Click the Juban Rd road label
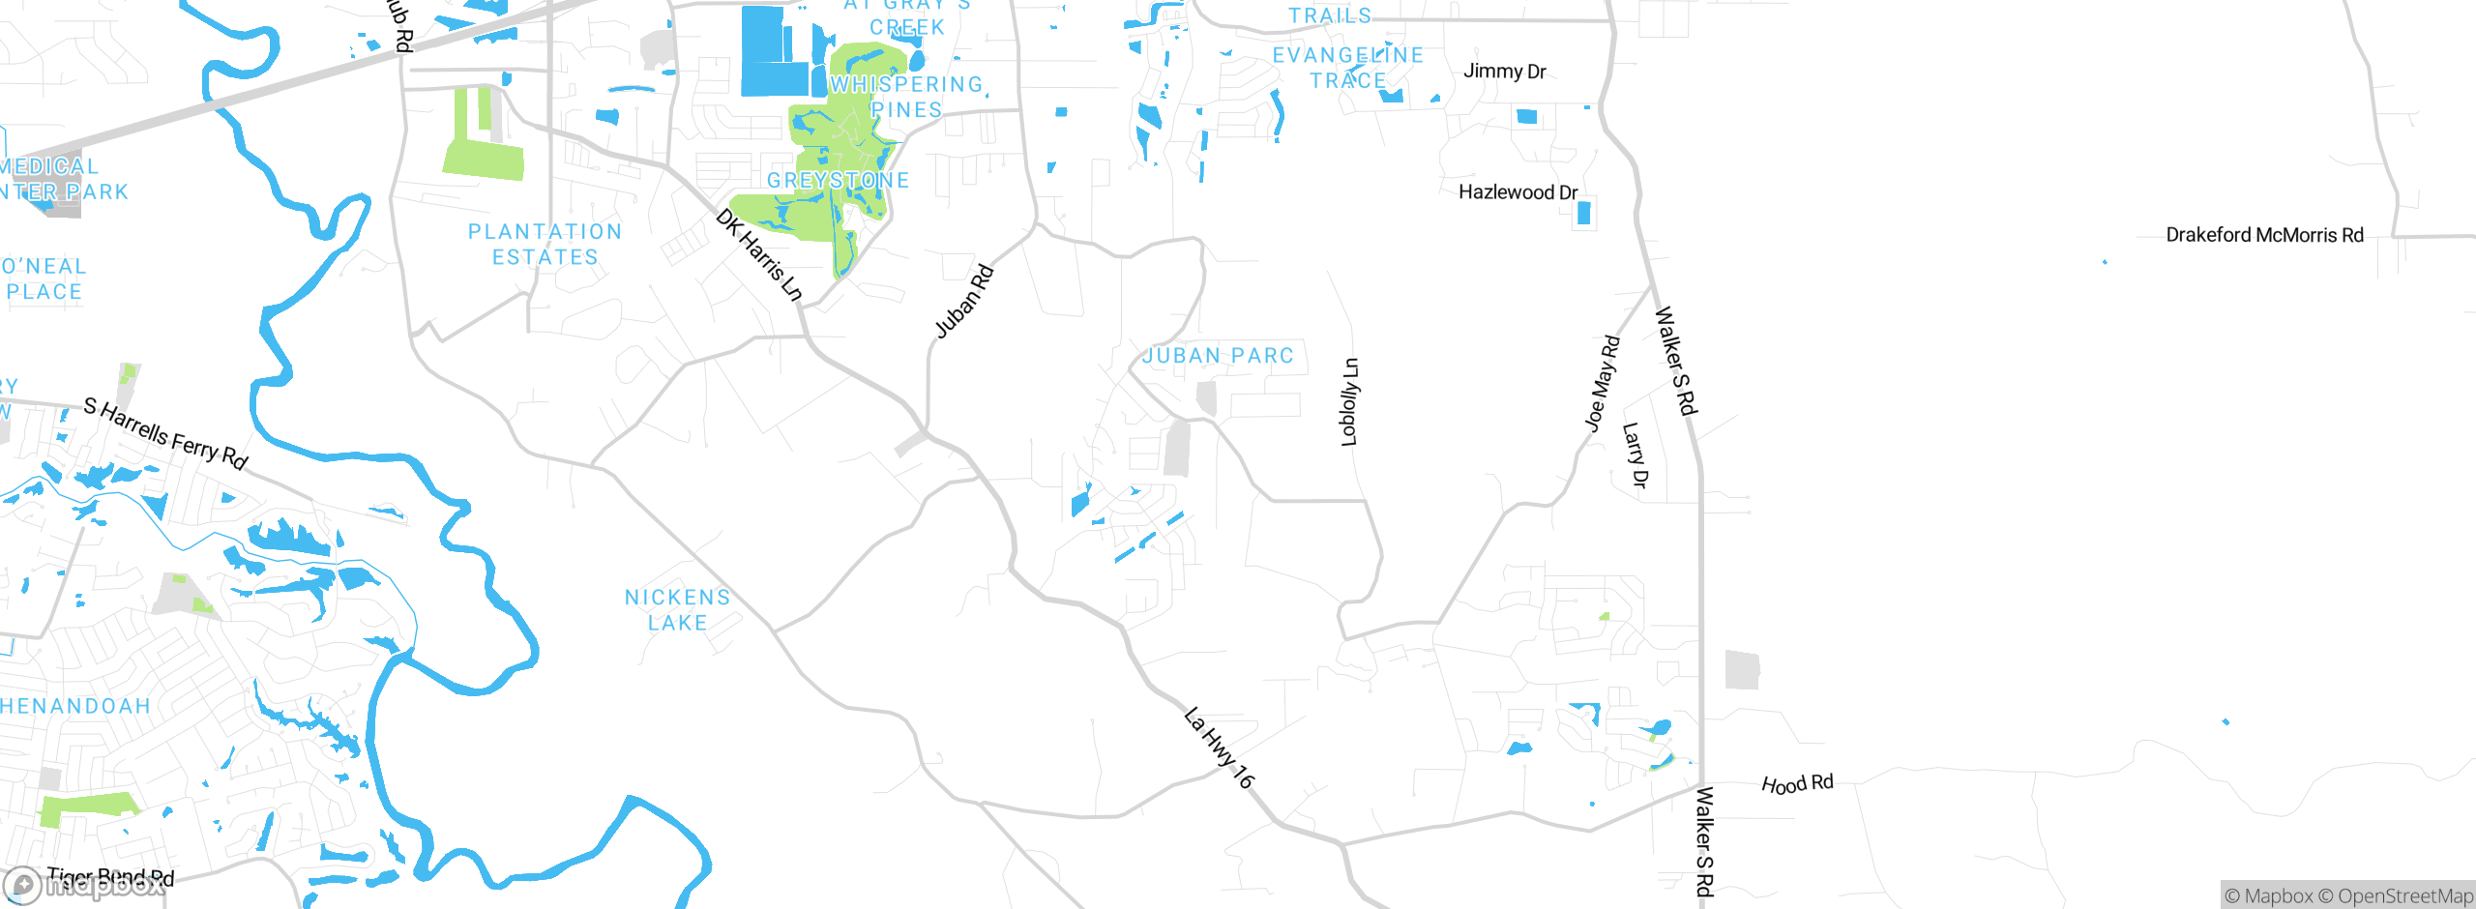[x=964, y=302]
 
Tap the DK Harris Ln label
[x=759, y=254]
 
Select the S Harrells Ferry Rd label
[x=165, y=433]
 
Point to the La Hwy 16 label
[x=1219, y=748]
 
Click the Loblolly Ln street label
[x=1349, y=402]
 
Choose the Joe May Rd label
[x=1602, y=383]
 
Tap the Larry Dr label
[x=1635, y=454]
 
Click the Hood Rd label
[x=1797, y=783]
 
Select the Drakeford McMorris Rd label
[x=2264, y=235]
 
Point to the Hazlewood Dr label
[x=1518, y=192]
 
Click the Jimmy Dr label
[x=1504, y=71]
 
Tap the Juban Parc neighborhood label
[x=1218, y=356]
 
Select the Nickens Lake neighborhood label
[x=677, y=610]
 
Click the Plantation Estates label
[x=545, y=245]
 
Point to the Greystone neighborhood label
[x=838, y=181]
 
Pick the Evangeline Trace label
[x=1348, y=68]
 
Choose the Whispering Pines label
[x=906, y=97]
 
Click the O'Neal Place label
[x=44, y=279]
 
